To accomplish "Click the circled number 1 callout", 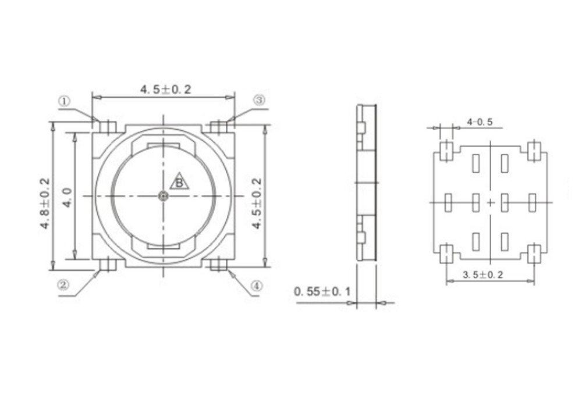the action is [x=64, y=101].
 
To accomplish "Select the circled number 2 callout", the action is [x=63, y=285].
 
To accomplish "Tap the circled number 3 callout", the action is [x=260, y=99].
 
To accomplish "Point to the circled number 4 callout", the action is [x=256, y=286].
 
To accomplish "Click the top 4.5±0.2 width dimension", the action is [x=165, y=90].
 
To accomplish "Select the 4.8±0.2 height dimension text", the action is [x=45, y=203].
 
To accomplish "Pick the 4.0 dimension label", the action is [x=68, y=197].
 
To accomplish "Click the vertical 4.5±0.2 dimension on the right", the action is [x=257, y=203].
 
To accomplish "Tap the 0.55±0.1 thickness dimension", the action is [x=322, y=291].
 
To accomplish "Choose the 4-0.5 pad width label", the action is [x=480, y=122].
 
